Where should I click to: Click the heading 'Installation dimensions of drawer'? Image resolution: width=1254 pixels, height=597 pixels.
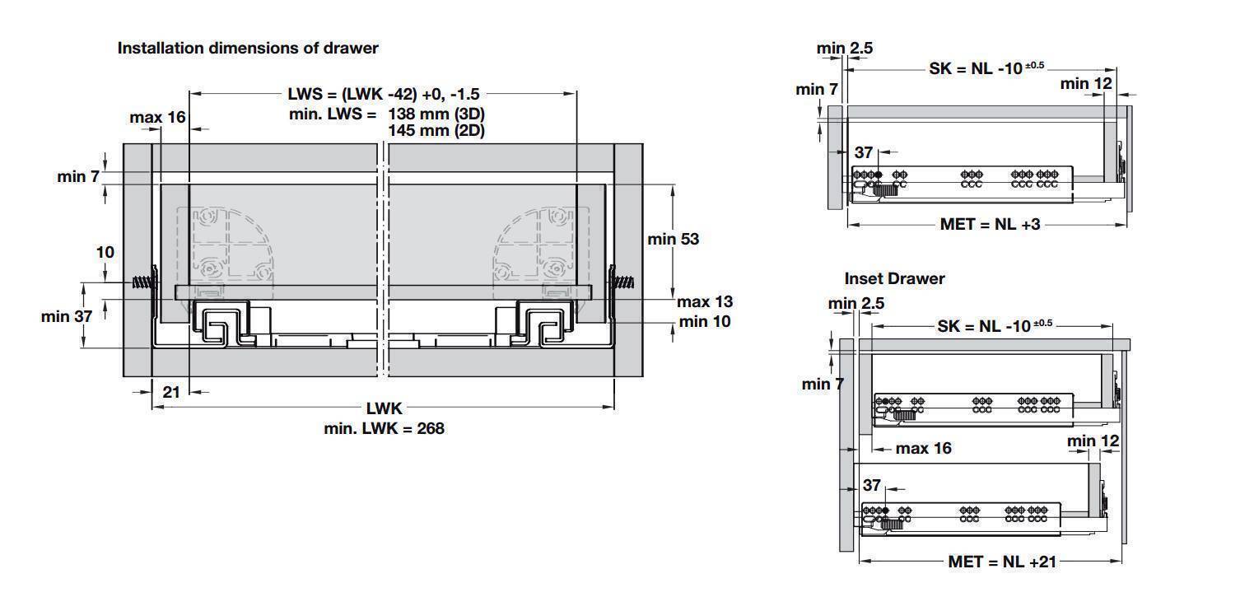pyautogui.click(x=248, y=48)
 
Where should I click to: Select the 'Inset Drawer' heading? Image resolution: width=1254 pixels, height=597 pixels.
pyautogui.click(x=894, y=278)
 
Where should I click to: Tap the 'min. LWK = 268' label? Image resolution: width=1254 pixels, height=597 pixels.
pyautogui.click(x=384, y=428)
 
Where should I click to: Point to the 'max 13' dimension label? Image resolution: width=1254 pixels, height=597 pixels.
pyautogui.click(x=704, y=302)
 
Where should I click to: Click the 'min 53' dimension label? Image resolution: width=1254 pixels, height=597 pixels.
pyautogui.click(x=673, y=239)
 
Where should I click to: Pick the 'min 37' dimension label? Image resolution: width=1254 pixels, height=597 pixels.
pyautogui.click(x=66, y=316)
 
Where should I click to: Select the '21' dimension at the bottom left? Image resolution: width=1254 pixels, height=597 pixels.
pyautogui.click(x=171, y=392)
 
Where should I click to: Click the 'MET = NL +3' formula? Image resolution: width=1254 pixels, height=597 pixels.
pyautogui.click(x=990, y=224)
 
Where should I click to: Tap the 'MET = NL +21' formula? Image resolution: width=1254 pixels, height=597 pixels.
pyautogui.click(x=1001, y=562)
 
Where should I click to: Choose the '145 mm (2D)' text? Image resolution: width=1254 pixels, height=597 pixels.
pyautogui.click(x=436, y=130)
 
